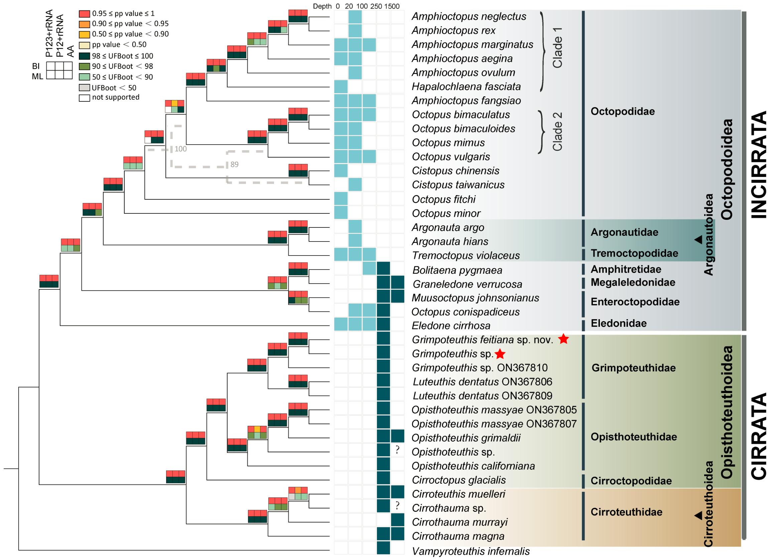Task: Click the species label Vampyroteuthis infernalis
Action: pos(471,551)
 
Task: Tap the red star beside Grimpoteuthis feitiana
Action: pos(563,339)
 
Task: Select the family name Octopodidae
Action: pos(623,111)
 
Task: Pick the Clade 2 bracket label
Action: pos(557,131)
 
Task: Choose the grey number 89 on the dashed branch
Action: pos(234,165)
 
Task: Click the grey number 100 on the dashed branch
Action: pos(180,149)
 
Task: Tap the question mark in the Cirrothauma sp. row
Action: pos(397,506)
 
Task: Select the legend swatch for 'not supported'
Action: pos(85,98)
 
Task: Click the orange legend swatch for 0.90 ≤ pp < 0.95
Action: pos(85,24)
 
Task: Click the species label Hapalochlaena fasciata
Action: pos(466,87)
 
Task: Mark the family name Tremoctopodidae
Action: pos(634,253)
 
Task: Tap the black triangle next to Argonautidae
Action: pos(698,240)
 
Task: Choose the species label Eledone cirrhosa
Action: pos(451,325)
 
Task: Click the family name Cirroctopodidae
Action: pos(631,481)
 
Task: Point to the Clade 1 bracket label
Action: pos(557,48)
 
